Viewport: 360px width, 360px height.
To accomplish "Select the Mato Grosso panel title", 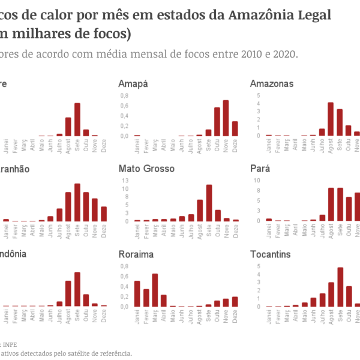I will click(x=147, y=169).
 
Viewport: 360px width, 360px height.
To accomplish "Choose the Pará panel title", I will click(x=260, y=169).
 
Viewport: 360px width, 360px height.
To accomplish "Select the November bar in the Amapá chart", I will click(x=226, y=118).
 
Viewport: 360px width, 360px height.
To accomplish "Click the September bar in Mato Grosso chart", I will click(x=209, y=203).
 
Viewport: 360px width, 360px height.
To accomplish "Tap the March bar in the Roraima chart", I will click(x=155, y=290).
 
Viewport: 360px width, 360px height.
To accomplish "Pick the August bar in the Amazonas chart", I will click(x=331, y=119).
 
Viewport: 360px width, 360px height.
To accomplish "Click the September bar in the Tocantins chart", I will click(x=340, y=287).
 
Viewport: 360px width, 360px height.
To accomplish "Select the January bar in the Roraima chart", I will click(x=137, y=293).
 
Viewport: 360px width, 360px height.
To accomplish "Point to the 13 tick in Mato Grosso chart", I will click(x=125, y=180).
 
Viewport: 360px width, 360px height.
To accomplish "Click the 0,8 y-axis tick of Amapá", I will click(x=124, y=95).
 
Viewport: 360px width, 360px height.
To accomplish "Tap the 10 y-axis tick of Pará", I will click(x=257, y=180).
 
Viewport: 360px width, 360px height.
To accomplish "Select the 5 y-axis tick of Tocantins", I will click(x=258, y=266).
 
